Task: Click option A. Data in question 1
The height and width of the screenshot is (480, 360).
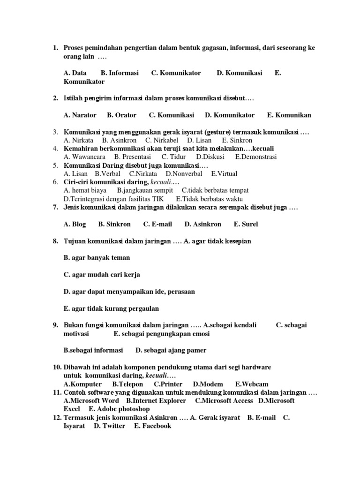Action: [75, 73]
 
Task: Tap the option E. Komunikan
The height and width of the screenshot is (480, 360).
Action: [289, 115]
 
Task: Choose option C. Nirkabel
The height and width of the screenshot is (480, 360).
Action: [162, 140]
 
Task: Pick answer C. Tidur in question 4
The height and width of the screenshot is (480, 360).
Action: [174, 157]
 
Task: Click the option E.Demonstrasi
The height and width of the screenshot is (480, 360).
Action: [256, 157]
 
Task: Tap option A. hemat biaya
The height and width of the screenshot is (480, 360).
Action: [85, 191]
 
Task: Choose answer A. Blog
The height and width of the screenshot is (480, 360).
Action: [75, 225]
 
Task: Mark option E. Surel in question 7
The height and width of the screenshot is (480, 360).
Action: [246, 225]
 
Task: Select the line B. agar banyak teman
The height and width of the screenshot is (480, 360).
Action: [97, 258]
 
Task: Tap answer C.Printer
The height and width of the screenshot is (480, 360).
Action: [167, 384]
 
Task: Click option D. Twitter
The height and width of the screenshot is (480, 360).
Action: [110, 426]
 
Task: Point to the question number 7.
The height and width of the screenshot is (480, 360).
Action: [55, 208]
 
